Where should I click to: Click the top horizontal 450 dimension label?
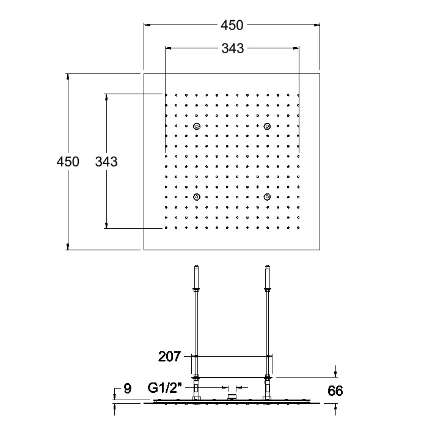pyautogui.click(x=232, y=25)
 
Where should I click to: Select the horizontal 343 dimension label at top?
pyautogui.click(x=233, y=48)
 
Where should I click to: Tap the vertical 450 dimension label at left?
pyautogui.click(x=68, y=162)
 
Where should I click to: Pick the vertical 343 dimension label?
pyautogui.click(x=106, y=162)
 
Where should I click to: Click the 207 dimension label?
pyautogui.click(x=169, y=357)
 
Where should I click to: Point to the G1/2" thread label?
pyautogui.click(x=165, y=388)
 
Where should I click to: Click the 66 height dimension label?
pyautogui.click(x=335, y=391)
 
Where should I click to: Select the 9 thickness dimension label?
pyautogui.click(x=127, y=389)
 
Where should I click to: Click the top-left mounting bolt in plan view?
pyautogui.click(x=197, y=126)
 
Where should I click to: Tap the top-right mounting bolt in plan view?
pyautogui.click(x=267, y=126)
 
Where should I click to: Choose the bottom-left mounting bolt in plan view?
pyautogui.click(x=197, y=197)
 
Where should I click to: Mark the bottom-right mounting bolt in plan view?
pyautogui.click(x=267, y=197)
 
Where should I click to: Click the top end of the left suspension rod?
pyautogui.click(x=197, y=266)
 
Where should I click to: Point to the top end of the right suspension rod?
pyautogui.click(x=268, y=266)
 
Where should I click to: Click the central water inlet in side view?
pyautogui.click(x=232, y=397)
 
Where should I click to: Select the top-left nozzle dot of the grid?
pyautogui.click(x=166, y=95)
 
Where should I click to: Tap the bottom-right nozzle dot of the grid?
pyautogui.click(x=298, y=228)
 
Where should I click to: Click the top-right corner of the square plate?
pyautogui.click(x=320, y=73)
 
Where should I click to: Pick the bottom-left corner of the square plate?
pyautogui.click(x=144, y=250)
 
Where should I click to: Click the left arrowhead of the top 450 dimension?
pyautogui.click(x=147, y=25)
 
